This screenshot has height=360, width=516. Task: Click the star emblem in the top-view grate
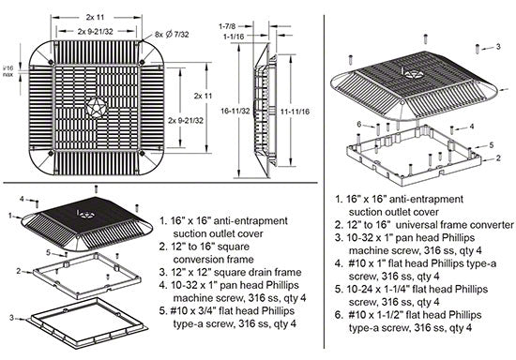(x=98, y=107)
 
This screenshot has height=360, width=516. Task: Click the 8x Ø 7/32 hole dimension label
(x=172, y=34)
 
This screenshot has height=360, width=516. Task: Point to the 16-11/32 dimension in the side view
(x=235, y=112)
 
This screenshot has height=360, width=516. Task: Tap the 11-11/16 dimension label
(x=295, y=112)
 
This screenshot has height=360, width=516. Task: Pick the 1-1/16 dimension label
(x=234, y=37)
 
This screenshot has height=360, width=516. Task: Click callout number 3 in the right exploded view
(x=498, y=46)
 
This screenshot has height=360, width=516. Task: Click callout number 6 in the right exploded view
(x=359, y=125)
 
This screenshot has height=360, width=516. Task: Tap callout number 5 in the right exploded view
(x=492, y=144)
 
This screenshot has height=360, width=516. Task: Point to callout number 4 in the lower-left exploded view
(x=22, y=199)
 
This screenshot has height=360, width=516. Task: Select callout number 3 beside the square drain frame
(x=12, y=318)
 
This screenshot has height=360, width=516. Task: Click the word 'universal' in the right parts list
(x=415, y=225)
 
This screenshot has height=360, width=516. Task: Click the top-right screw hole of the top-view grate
(x=143, y=62)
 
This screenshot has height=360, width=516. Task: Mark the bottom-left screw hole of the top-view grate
(x=51, y=153)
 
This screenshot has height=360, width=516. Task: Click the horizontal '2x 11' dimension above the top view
(x=96, y=18)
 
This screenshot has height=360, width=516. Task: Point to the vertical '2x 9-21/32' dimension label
(x=186, y=121)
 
